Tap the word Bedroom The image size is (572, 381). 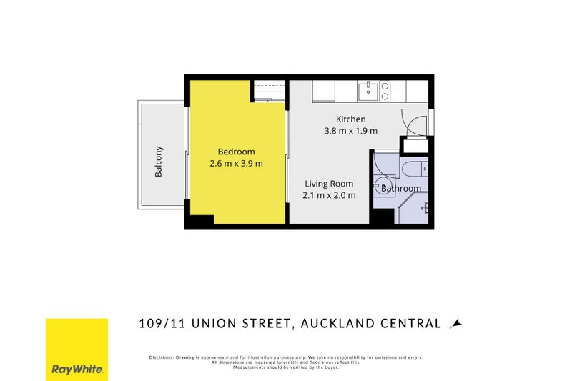236,152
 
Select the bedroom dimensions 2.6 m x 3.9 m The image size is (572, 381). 236,164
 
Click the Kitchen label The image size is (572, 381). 351,119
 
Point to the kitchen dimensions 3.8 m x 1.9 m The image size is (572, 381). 350,131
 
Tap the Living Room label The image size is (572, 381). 329,184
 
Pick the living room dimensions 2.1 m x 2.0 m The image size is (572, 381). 329,195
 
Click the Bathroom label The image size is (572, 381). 402,189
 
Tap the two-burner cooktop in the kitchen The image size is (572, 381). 385,89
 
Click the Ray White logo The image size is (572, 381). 77,350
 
